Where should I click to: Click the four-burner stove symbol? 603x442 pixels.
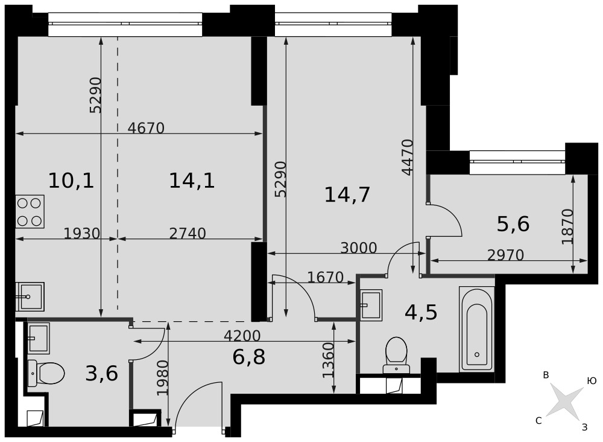[x=30, y=211]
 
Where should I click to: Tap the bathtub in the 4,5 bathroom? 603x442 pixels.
[x=477, y=329]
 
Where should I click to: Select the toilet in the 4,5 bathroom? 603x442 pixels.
[x=396, y=355]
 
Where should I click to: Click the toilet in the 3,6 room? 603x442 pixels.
[x=46, y=373]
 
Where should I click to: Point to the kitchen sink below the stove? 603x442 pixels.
[x=30, y=296]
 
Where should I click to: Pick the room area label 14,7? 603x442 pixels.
[x=347, y=194]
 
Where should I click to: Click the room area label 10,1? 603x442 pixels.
[x=71, y=181]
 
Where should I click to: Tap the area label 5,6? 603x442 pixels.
[x=513, y=223]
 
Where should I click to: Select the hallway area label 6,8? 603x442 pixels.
[x=249, y=357]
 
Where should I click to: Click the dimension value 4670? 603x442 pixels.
[x=146, y=128]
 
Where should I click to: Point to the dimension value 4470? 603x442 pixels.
[x=407, y=157]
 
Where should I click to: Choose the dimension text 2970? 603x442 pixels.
[x=505, y=255]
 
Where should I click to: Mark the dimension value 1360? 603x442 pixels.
[x=328, y=360]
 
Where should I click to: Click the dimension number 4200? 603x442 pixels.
[x=242, y=336]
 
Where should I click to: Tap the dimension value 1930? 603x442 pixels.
[x=81, y=233]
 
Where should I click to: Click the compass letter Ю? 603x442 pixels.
[x=592, y=381]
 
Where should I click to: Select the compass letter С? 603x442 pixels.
[x=538, y=421]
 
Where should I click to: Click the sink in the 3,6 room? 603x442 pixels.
[x=39, y=338]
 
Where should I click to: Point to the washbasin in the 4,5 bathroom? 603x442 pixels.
[x=371, y=305]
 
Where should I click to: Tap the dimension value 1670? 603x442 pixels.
[x=326, y=277]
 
